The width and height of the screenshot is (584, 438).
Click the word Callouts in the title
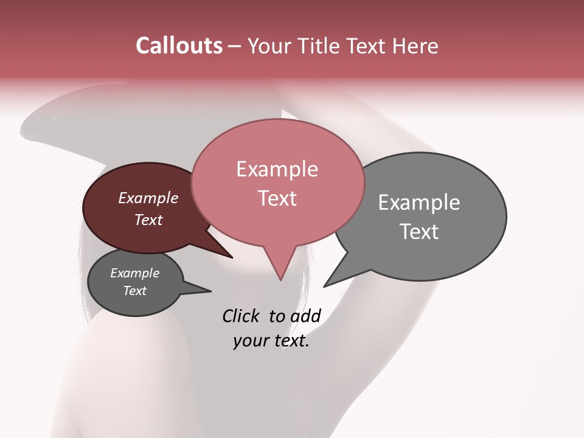pos(179,46)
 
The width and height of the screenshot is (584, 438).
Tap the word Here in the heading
pos(414,46)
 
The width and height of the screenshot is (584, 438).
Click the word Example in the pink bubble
pos(277,169)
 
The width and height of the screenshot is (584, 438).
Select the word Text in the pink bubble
pos(277,198)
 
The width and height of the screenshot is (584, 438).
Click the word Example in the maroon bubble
pos(148,198)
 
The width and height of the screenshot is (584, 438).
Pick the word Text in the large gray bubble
pos(419,231)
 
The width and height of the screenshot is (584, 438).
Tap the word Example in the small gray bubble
pos(134,273)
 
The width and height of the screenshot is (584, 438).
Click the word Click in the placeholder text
pos(241,316)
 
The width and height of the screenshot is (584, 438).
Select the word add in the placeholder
pos(305,316)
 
